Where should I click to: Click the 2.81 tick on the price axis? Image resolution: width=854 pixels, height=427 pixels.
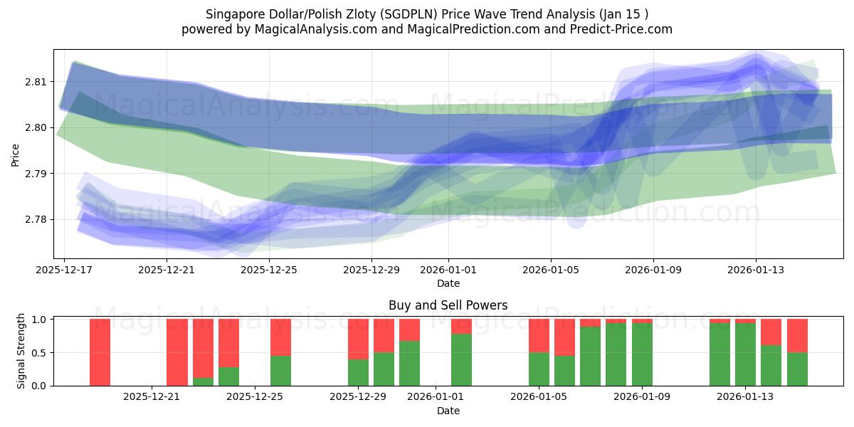pyautogui.click(x=36, y=82)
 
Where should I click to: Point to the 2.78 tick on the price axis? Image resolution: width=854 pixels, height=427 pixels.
pyautogui.click(x=36, y=219)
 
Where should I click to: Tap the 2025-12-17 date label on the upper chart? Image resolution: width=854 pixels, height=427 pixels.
pyautogui.click(x=64, y=270)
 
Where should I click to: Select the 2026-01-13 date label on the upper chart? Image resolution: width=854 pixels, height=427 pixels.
pyautogui.click(x=756, y=270)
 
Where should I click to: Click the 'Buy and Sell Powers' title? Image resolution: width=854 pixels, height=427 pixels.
pyautogui.click(x=448, y=305)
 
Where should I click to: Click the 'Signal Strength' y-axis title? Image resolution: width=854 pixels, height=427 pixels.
pyautogui.click(x=21, y=351)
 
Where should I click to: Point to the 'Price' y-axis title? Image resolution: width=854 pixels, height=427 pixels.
pyautogui.click(x=16, y=154)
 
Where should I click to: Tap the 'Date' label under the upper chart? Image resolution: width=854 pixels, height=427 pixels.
pyautogui.click(x=448, y=283)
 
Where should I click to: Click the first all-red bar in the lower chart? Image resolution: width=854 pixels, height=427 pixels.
pyautogui.click(x=100, y=352)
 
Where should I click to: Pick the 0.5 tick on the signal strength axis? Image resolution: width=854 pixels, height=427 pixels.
pyautogui.click(x=40, y=352)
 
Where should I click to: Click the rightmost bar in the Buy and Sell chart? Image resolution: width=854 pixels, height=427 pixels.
pyautogui.click(x=797, y=352)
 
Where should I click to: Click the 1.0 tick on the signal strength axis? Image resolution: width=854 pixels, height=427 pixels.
pyautogui.click(x=40, y=320)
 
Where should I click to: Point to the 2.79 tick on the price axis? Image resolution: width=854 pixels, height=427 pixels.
pyautogui.click(x=36, y=174)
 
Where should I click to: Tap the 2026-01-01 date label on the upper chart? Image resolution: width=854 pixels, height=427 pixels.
pyautogui.click(x=448, y=270)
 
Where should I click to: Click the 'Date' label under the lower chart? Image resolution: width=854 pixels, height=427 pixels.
pyautogui.click(x=448, y=411)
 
